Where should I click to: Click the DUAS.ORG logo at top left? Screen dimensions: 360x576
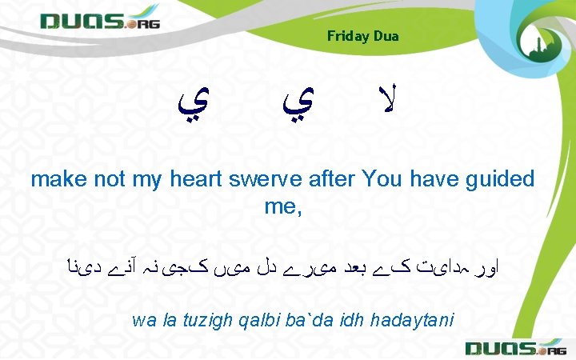click(x=101, y=22)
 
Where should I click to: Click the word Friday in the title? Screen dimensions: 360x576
click(x=346, y=36)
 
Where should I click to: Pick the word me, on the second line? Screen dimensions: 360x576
click(x=283, y=207)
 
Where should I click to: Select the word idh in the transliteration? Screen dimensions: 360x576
click(x=349, y=321)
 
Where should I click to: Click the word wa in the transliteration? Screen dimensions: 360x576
click(x=142, y=321)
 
